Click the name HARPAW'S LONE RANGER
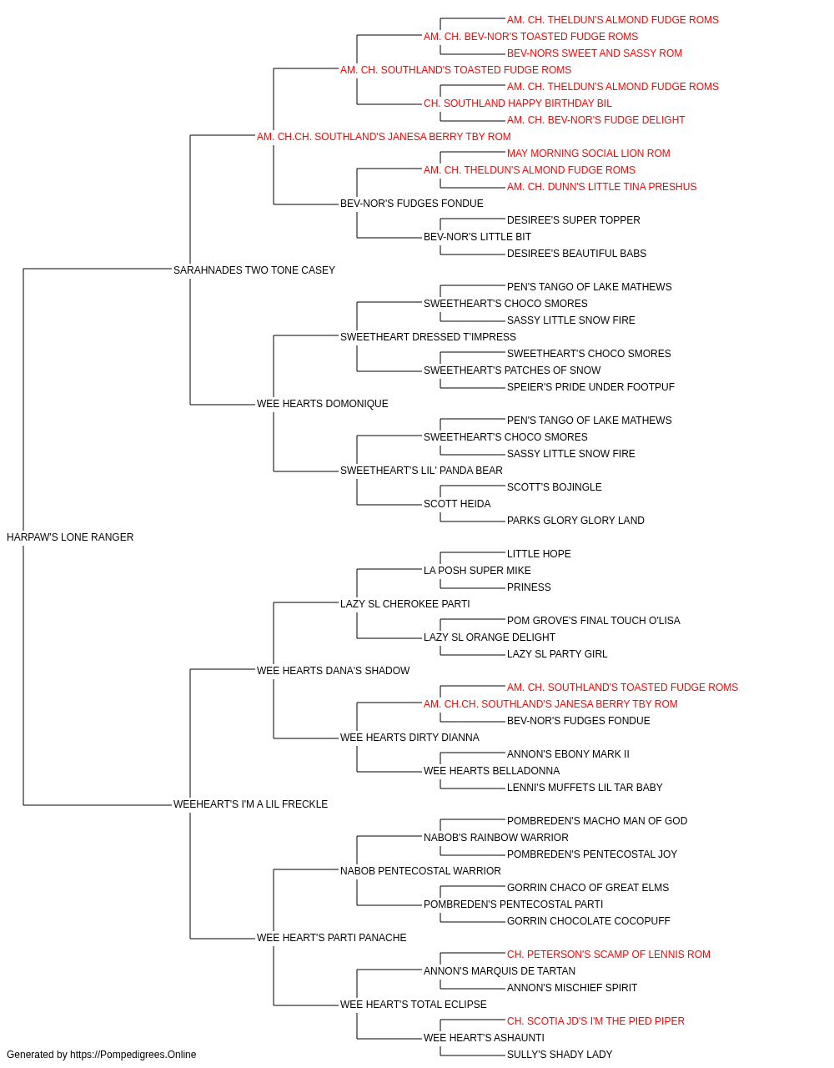point(70,537)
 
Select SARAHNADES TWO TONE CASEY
point(254,270)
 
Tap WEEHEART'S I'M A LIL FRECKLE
point(250,804)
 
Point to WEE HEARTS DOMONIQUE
point(322,404)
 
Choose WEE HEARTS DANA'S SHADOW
point(333,671)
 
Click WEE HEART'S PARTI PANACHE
point(332,938)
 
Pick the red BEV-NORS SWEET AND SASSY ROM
point(595,53)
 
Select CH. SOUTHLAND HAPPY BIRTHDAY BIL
point(518,103)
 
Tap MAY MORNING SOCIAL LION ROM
point(589,154)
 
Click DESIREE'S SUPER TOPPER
point(574,220)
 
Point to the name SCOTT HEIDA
point(457,504)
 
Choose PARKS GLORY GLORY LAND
point(575,521)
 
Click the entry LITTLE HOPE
point(539,554)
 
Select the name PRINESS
point(529,587)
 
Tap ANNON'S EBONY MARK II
point(568,754)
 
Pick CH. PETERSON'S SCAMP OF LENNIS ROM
point(609,955)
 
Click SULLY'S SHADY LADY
point(560,1055)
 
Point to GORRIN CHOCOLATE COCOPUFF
point(589,921)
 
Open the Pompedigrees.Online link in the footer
point(133,1055)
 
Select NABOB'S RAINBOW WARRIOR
point(496,838)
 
